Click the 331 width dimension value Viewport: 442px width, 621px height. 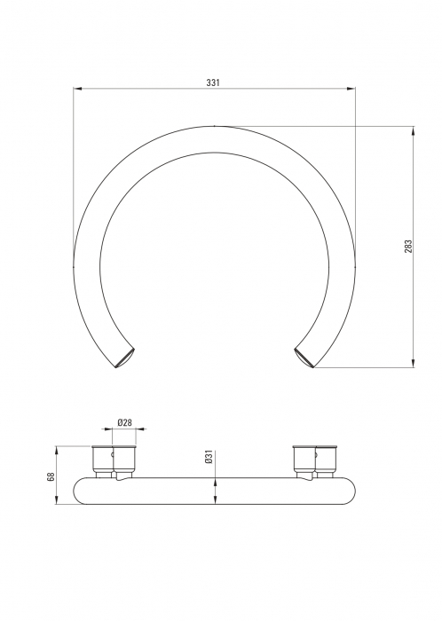tap(213, 83)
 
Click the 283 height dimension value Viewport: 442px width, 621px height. tap(408, 247)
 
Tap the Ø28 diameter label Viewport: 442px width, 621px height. tap(124, 422)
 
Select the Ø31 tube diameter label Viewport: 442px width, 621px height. tap(209, 457)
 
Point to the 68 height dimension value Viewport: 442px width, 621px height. tap(51, 477)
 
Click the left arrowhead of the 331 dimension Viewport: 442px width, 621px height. tap(77, 89)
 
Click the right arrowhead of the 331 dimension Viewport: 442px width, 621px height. tap(351, 89)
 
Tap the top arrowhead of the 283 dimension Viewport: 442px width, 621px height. tap(414, 130)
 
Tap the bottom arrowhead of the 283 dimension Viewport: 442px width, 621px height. tap(414, 363)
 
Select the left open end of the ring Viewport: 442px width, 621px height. tap(125, 358)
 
